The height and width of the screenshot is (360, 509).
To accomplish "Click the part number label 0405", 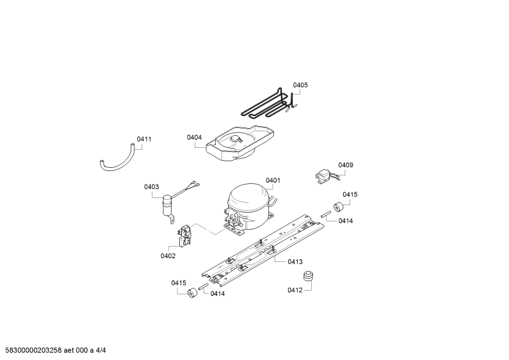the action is click(x=300, y=85).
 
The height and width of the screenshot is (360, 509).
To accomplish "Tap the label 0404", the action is click(x=194, y=138).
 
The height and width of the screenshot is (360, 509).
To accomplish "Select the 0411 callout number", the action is click(x=144, y=139).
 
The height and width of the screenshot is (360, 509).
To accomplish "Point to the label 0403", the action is click(x=152, y=187).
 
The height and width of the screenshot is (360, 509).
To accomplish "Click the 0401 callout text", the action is click(x=273, y=181).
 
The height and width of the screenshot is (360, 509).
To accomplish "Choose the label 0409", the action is click(x=346, y=165).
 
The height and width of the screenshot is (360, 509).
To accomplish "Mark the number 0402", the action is click(x=168, y=256).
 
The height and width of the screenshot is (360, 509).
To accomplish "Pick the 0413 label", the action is click(x=295, y=261).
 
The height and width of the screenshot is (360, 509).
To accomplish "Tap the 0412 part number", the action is click(x=295, y=290).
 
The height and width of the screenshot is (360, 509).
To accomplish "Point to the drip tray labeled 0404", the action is click(x=240, y=143).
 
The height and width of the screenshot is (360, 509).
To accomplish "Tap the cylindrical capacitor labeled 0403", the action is click(x=168, y=206).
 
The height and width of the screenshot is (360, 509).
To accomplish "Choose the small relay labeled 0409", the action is click(x=323, y=177).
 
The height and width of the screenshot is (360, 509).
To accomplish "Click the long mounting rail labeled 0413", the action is click(x=263, y=250).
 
